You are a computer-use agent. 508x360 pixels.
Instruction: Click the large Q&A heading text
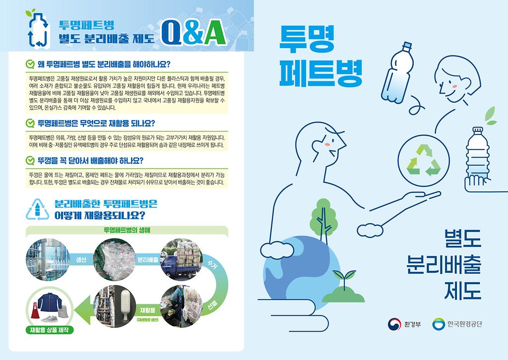pyautogui.click(x=194, y=33)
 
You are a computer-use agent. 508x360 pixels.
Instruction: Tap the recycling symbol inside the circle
pyautogui.click(x=424, y=160)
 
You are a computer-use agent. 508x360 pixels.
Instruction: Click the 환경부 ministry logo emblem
pyautogui.click(x=394, y=324)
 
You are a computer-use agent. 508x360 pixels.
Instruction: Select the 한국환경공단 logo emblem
pyautogui.click(x=439, y=324)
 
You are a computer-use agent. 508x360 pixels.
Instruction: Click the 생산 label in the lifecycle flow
pyautogui.click(x=81, y=260)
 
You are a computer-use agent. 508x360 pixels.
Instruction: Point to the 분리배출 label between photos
pyautogui.click(x=148, y=260)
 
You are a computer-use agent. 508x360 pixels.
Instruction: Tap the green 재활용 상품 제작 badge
pyautogui.click(x=49, y=330)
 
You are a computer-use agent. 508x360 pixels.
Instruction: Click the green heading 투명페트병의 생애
pyautogui.click(x=127, y=230)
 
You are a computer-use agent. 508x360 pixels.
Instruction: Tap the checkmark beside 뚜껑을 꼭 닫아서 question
pyautogui.click(x=30, y=160)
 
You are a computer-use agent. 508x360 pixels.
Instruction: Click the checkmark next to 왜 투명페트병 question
pyautogui.click(x=30, y=64)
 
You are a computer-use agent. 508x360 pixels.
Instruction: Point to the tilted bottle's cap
pyautogui.click(x=407, y=46)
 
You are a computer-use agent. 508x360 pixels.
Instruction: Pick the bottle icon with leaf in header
pyautogui.click(x=37, y=28)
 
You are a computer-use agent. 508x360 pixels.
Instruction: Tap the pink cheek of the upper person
pyautogui.click(x=454, y=86)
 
